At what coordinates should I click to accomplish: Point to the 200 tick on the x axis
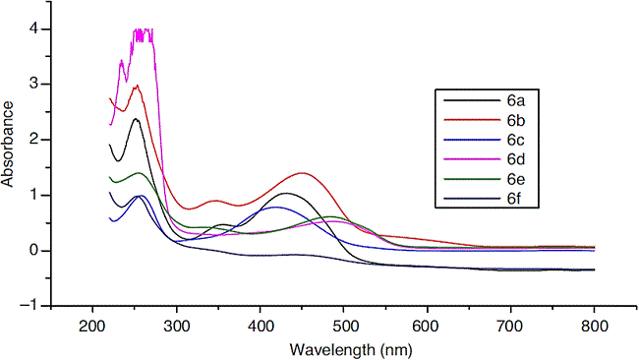coord(93,325)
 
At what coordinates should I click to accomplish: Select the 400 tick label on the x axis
coord(261,325)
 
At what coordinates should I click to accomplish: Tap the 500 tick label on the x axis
coord(344,325)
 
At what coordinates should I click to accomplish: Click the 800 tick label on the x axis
coord(595,325)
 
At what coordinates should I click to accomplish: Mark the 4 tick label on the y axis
coord(33,29)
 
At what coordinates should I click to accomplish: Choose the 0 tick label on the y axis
coord(33,251)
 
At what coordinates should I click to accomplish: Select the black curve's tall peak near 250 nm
coord(136,119)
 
